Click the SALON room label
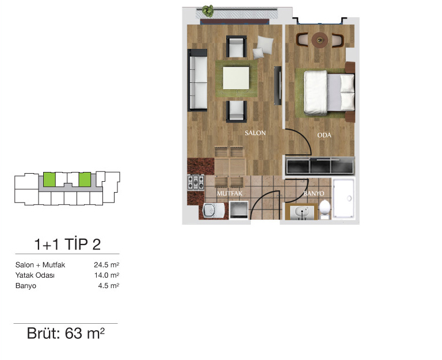(255, 133)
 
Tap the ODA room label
(324, 135)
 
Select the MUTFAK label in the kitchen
(230, 194)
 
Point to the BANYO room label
(314, 194)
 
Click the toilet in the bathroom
(325, 209)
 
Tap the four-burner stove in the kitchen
(196, 182)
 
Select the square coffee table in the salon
(236, 78)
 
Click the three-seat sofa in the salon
(197, 80)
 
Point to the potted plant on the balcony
(208, 11)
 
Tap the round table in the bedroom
(320, 40)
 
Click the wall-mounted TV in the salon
(277, 86)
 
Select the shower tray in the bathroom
(344, 198)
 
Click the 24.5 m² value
(106, 265)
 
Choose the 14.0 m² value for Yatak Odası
(106, 275)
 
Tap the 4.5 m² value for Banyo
(109, 286)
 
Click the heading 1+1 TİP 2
(67, 244)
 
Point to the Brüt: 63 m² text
(66, 333)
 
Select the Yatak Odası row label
(35, 275)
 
